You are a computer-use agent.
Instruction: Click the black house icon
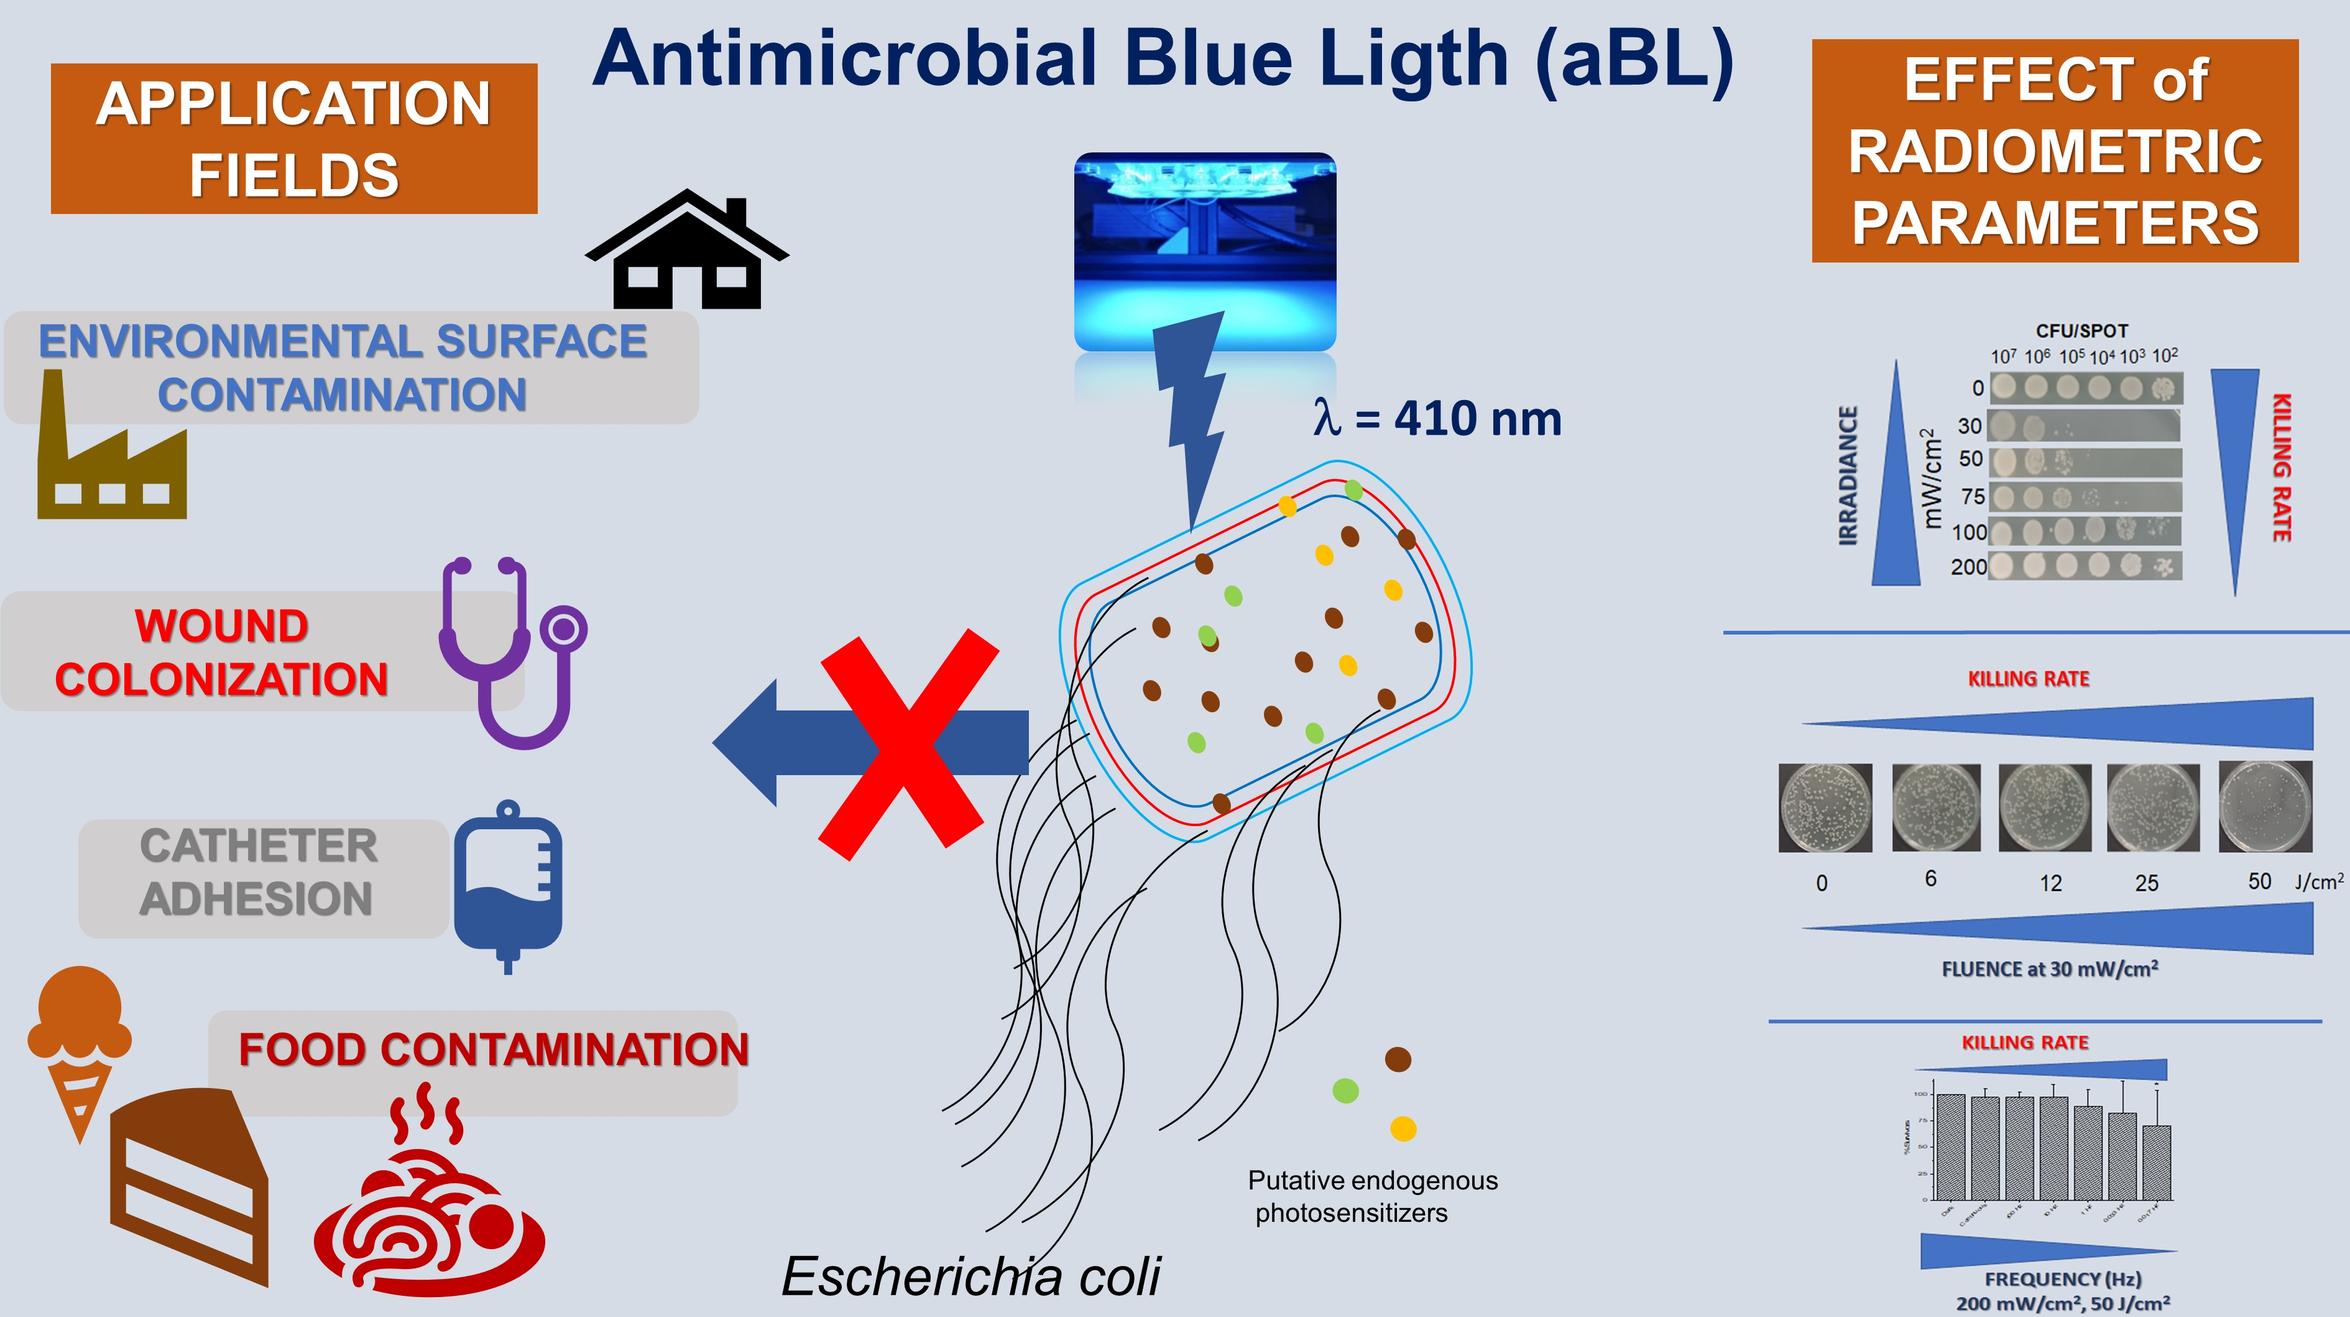coord(686,251)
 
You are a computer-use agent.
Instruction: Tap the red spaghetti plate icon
coord(429,1205)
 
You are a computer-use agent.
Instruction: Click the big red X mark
coord(908,744)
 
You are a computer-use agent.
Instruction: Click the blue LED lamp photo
coord(1204,251)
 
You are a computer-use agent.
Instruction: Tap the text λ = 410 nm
coord(1437,420)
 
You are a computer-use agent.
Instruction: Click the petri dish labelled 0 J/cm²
coord(1825,807)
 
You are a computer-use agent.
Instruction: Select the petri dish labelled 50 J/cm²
coord(2265,806)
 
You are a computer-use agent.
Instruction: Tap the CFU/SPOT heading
coord(2082,330)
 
